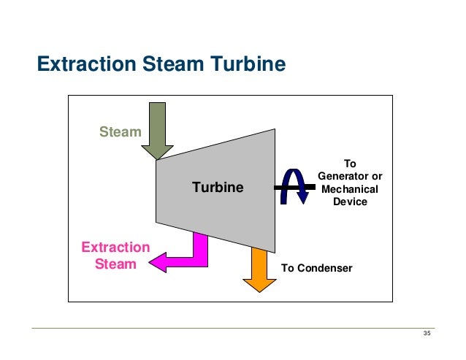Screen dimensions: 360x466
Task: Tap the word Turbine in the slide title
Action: click(x=245, y=65)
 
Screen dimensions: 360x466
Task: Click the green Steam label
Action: click(x=119, y=131)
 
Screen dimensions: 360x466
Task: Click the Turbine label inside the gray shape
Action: click(x=218, y=188)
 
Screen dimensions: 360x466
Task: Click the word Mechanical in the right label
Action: click(x=350, y=189)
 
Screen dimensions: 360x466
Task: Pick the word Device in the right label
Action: click(x=350, y=202)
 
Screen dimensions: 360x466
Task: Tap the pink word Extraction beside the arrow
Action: click(x=115, y=248)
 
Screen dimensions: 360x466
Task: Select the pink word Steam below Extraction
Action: click(x=115, y=264)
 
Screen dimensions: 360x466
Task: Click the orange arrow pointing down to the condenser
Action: click(x=259, y=270)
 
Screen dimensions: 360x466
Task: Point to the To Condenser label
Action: click(x=316, y=268)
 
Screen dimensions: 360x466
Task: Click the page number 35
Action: click(x=427, y=334)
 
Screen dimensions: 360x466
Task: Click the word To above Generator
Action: click(x=350, y=164)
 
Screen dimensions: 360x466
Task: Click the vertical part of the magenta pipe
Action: click(x=199, y=243)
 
